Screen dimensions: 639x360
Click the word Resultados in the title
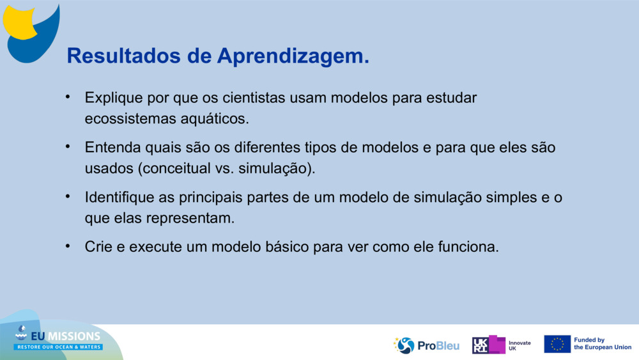(x=123, y=56)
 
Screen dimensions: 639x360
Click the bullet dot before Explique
(x=68, y=97)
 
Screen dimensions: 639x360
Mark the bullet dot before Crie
(x=68, y=246)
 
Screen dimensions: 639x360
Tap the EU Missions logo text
(x=65, y=336)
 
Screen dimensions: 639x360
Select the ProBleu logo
(x=426, y=345)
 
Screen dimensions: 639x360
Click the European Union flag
(x=557, y=344)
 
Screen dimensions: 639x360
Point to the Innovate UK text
(x=520, y=346)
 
